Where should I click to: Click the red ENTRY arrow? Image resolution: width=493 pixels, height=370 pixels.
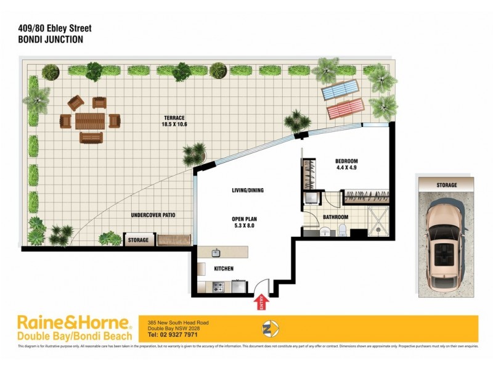259,302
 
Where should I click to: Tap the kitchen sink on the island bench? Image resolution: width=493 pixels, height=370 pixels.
216,253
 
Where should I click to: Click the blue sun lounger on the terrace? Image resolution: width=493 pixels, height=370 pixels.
340,91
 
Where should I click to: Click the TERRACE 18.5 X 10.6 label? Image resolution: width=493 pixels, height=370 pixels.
174,121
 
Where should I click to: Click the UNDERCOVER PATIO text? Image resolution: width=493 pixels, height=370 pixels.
153,215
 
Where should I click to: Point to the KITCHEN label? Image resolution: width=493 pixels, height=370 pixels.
223,269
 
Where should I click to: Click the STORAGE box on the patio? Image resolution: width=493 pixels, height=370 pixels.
138,240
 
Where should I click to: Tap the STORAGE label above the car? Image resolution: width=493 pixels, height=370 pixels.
447,185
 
